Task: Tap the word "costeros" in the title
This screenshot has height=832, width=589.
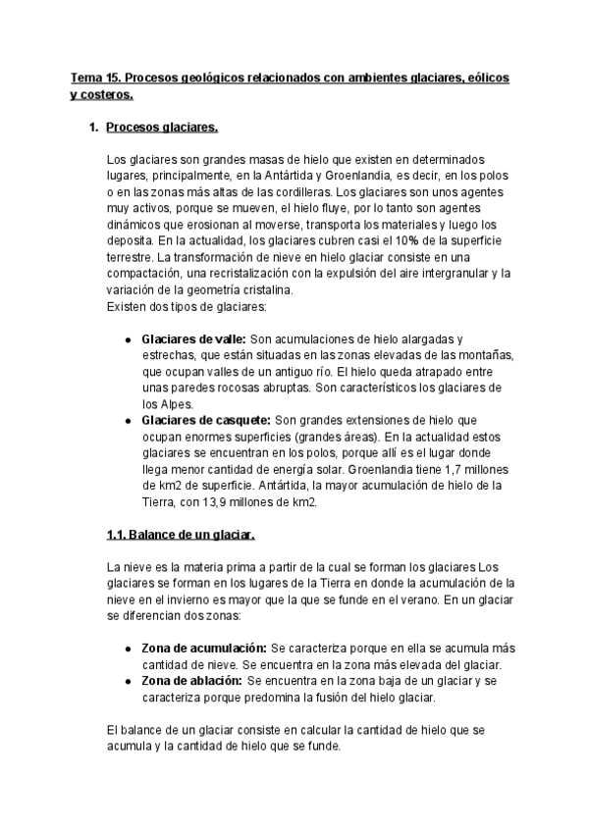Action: (x=106, y=94)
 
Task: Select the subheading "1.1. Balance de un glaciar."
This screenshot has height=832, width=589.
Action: (x=180, y=535)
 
